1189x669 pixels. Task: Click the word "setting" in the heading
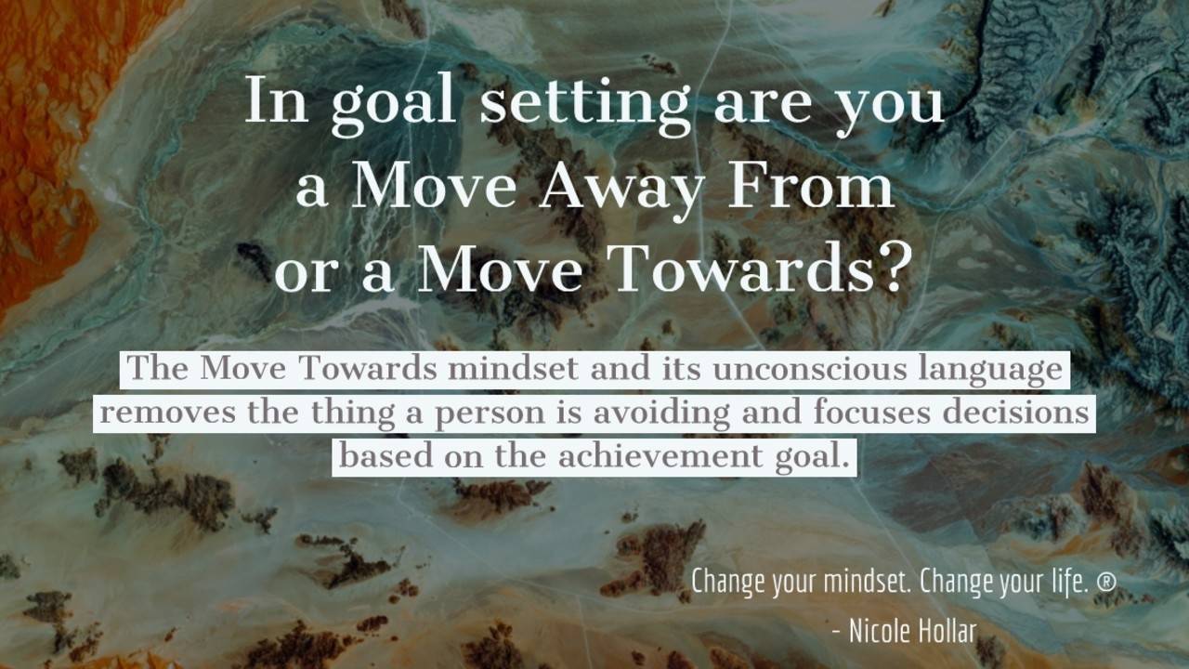tap(584, 102)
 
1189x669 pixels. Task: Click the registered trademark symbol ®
tap(1105, 583)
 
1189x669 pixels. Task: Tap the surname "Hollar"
tap(947, 632)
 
